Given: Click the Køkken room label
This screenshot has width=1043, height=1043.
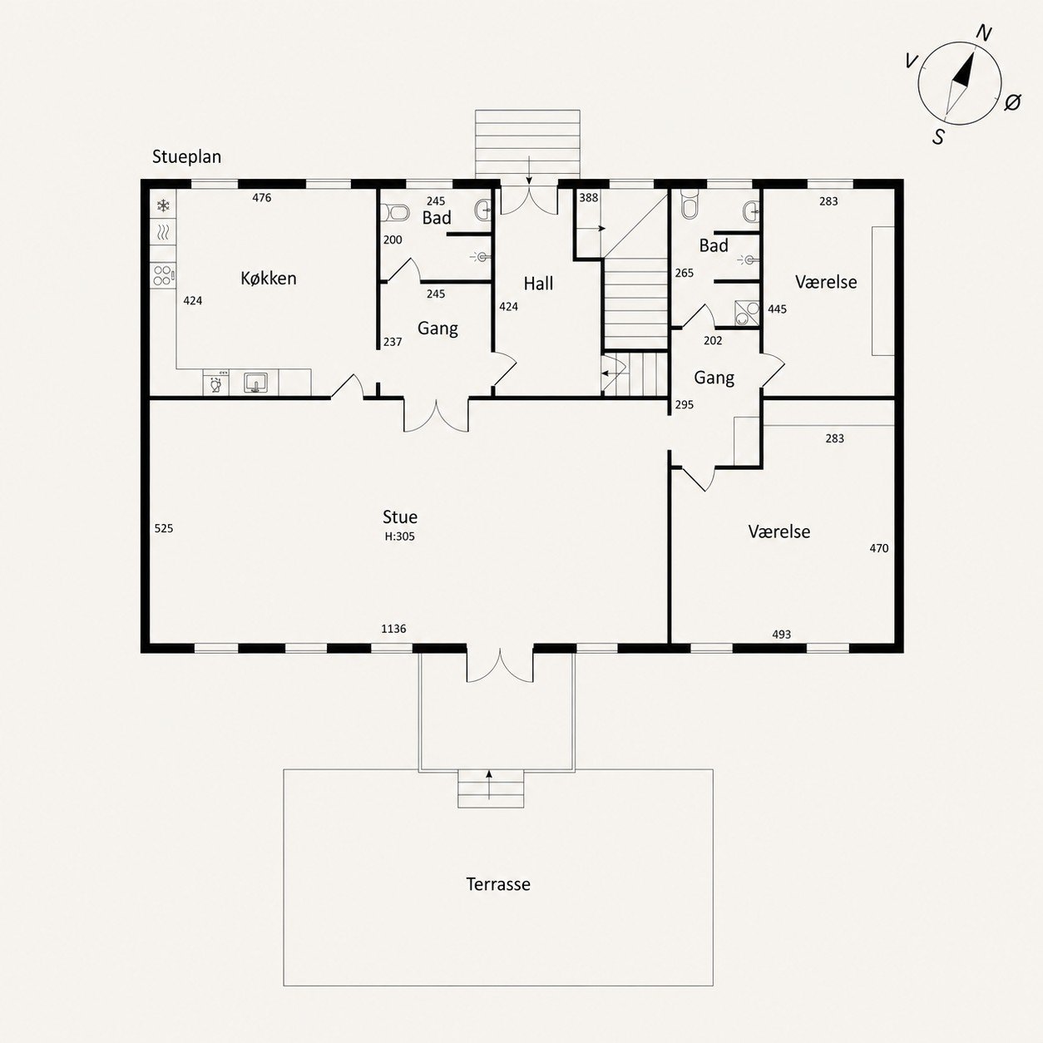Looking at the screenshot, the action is coord(269,278).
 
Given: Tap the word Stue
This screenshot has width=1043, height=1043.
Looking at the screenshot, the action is coord(400,517).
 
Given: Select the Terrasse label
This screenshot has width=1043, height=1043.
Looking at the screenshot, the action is coord(498,884).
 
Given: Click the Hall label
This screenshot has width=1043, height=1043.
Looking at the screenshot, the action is coord(538,283).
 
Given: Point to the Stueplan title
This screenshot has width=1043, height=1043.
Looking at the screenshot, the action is coord(187,157).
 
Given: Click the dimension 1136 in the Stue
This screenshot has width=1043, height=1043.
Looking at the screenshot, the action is coord(393,629).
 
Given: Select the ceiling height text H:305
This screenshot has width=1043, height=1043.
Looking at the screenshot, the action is coord(400,536).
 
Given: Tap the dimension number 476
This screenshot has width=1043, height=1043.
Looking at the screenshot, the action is coord(262,198).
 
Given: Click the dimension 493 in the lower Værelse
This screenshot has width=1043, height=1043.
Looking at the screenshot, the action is coord(782,634).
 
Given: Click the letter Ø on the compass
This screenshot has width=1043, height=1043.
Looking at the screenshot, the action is coord(1012,102).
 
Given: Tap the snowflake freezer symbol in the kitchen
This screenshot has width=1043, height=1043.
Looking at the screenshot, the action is coord(163,205).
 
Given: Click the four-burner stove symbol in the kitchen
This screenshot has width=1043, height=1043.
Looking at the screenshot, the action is coord(163,275).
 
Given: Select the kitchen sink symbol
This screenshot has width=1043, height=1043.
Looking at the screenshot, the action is coord(255,383).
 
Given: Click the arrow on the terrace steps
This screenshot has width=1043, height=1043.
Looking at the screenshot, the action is coord(489,784).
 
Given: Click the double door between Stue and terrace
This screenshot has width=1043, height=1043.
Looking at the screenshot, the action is coord(500,665).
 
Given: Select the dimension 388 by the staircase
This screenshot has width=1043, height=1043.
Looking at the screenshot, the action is coord(589,198).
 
